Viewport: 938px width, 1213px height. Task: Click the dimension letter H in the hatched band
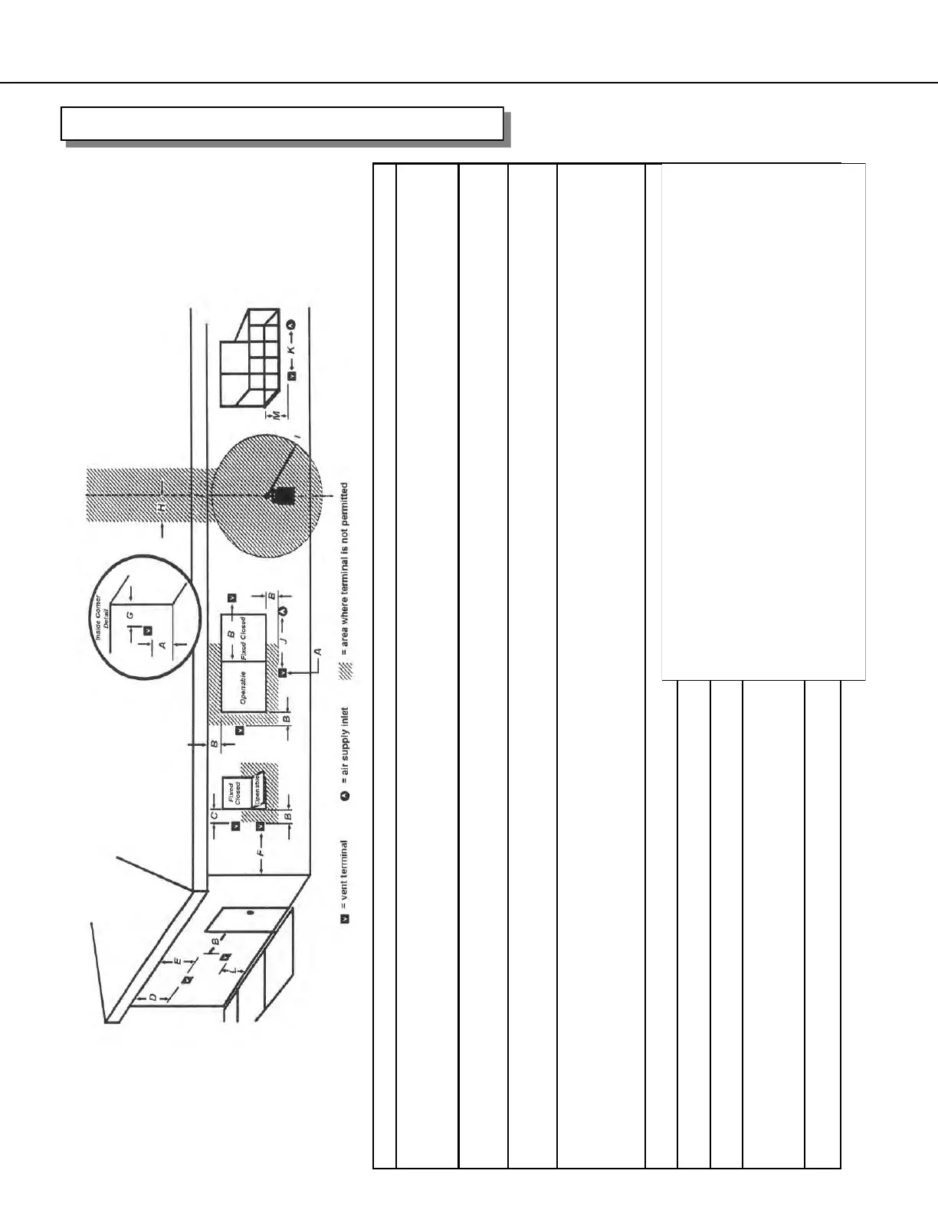tap(161, 508)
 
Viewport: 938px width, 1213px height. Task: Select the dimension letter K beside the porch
tap(291, 351)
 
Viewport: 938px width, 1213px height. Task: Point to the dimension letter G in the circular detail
tap(130, 614)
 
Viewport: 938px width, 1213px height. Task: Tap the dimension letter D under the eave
tap(153, 997)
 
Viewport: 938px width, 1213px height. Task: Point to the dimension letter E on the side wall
tap(176, 960)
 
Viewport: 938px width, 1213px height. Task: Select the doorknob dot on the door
tap(250, 912)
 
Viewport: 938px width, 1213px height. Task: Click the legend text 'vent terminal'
tap(345, 870)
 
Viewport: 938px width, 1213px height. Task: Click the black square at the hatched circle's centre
tap(284, 495)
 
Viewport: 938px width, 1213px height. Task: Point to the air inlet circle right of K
tap(291, 325)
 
